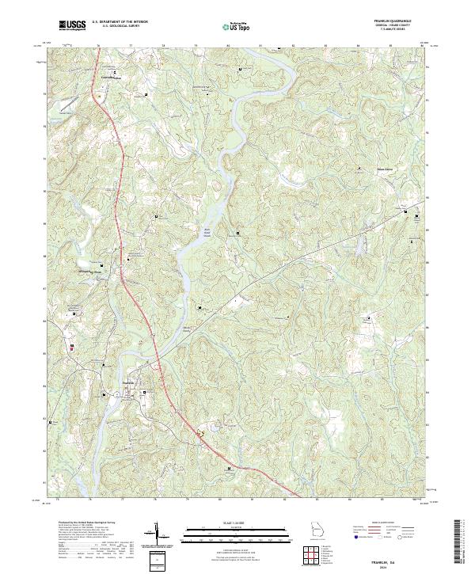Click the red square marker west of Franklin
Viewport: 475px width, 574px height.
[x=73, y=347]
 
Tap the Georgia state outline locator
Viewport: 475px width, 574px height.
[x=317, y=530]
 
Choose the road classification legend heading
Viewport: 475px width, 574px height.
[x=383, y=523]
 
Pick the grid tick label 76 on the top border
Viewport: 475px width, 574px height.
[x=98, y=47]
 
